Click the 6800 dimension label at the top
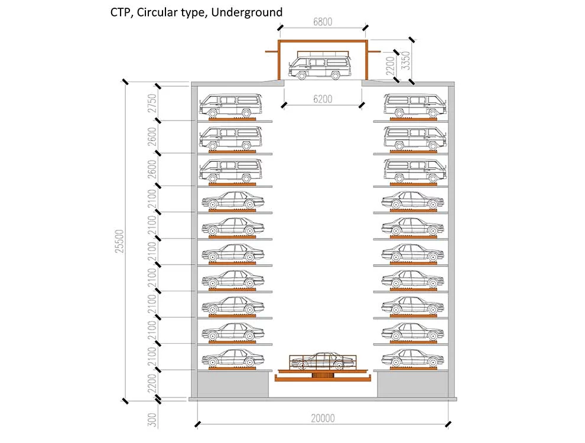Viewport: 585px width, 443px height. tap(323, 22)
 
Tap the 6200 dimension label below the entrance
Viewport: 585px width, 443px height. tap(323, 100)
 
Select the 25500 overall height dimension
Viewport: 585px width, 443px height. tap(121, 241)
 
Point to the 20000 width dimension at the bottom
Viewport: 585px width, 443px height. tap(323, 418)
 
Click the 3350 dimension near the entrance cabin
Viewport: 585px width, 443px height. tap(405, 60)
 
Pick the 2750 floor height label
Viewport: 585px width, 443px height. tap(152, 103)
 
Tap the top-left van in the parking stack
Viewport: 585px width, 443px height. tap(229, 106)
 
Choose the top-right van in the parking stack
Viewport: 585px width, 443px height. tap(414, 106)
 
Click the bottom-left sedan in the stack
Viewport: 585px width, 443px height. tap(232, 358)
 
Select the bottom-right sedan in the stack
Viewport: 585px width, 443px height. tap(412, 358)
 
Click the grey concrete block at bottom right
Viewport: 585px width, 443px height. tap(412, 385)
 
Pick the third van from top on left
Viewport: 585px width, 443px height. tap(229, 171)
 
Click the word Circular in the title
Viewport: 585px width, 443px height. tap(157, 12)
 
